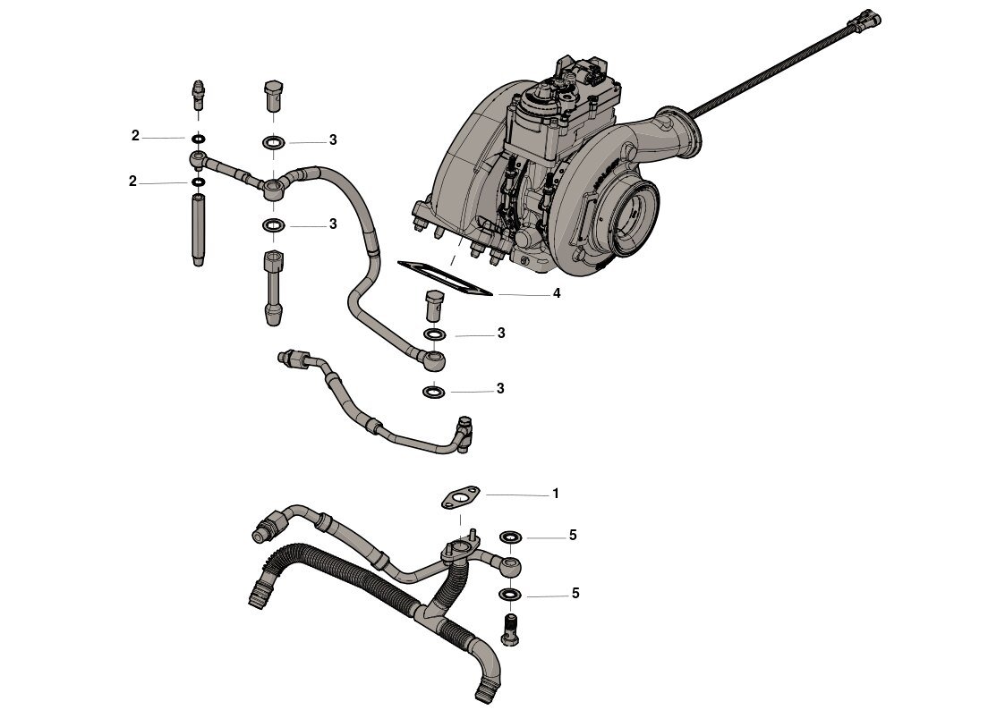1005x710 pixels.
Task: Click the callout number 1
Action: pyautogui.click(x=556, y=494)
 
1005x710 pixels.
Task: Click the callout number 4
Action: pyautogui.click(x=557, y=293)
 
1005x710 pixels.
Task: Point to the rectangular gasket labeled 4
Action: pyautogui.click(x=445, y=277)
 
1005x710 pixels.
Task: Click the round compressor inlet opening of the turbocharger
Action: pyautogui.click(x=635, y=217)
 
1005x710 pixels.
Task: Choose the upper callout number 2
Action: pyautogui.click(x=135, y=136)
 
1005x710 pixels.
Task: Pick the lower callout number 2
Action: pyautogui.click(x=132, y=182)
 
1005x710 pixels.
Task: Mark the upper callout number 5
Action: pyautogui.click(x=573, y=535)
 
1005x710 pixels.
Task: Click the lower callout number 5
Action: pyautogui.click(x=575, y=594)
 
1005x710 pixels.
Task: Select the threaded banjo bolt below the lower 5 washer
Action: pyautogui.click(x=510, y=630)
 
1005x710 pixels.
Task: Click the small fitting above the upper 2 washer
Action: pyautogui.click(x=199, y=96)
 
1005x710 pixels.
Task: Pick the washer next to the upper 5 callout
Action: pyautogui.click(x=511, y=537)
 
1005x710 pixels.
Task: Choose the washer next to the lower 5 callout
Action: pyautogui.click(x=510, y=595)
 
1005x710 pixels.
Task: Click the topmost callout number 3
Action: pyautogui.click(x=333, y=139)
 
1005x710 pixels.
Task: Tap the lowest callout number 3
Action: pyautogui.click(x=500, y=389)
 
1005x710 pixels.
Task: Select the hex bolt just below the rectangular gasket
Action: pyautogui.click(x=435, y=306)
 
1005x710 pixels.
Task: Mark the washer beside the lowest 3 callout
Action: pyautogui.click(x=435, y=391)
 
